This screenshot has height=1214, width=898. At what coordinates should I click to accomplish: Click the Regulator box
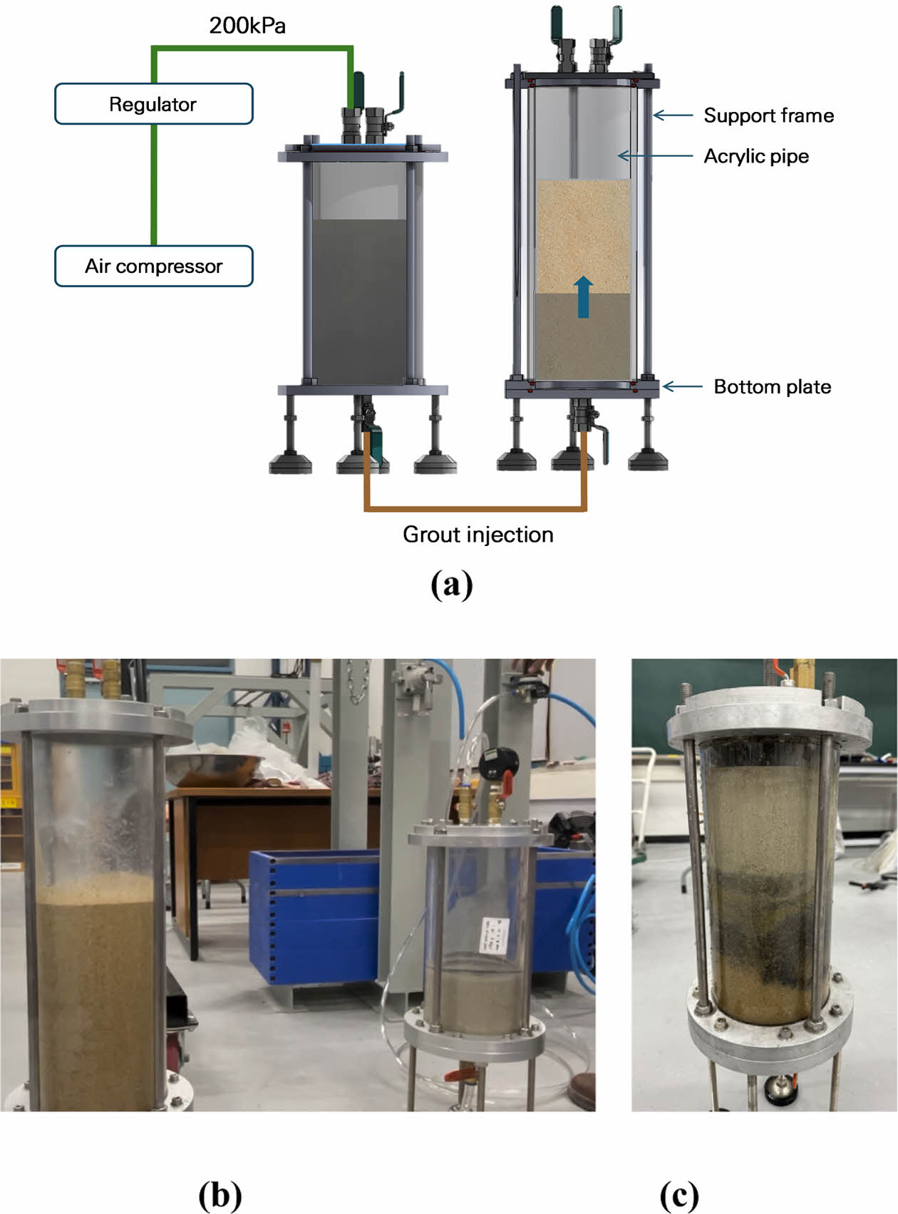[x=153, y=104]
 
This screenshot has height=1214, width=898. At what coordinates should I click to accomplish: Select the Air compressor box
[x=153, y=266]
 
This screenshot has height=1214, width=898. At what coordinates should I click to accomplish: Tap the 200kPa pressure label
[x=247, y=26]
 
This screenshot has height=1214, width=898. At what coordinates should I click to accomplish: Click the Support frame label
[x=768, y=115]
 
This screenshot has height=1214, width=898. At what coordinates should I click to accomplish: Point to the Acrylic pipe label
[x=756, y=156]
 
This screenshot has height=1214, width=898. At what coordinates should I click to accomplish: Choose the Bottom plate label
[x=772, y=386]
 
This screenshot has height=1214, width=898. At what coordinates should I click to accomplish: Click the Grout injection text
[x=478, y=535]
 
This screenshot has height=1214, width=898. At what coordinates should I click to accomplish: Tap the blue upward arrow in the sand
[x=583, y=297]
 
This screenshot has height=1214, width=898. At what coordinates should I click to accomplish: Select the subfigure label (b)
[x=220, y=1195]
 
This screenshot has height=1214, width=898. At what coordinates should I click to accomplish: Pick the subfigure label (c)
[x=678, y=1195]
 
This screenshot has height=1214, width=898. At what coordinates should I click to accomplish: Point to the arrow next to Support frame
[x=672, y=115]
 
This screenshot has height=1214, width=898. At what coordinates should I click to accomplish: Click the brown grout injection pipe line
[x=475, y=509]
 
